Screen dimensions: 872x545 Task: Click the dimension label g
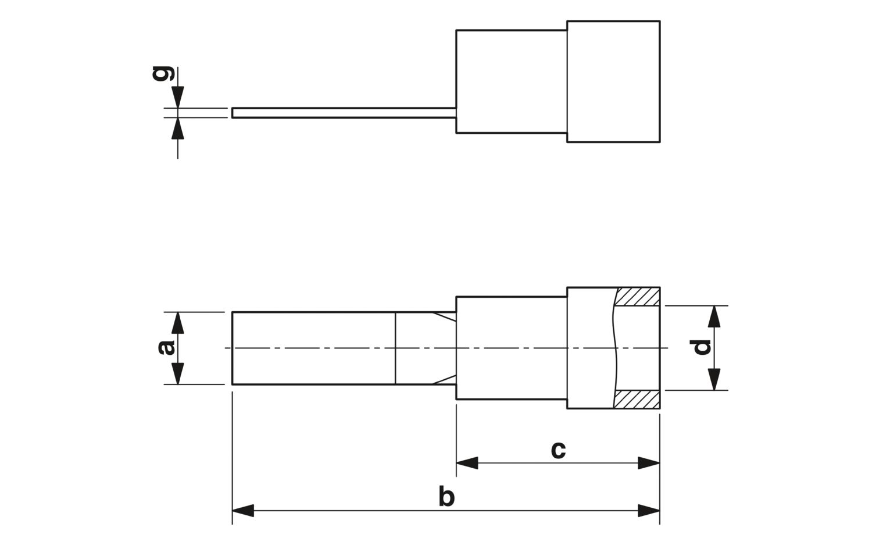tap(163, 74)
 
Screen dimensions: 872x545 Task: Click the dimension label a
tap(166, 348)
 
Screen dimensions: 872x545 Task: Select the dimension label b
tap(446, 496)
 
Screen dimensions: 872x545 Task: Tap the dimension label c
tap(558, 450)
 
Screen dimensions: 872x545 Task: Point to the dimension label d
tap(701, 347)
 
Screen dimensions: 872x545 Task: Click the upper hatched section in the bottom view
tap(637, 297)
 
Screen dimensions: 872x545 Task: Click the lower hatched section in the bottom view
tap(637, 400)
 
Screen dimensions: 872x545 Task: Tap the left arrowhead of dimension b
tap(243, 511)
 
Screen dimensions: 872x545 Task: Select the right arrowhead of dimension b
tap(649, 511)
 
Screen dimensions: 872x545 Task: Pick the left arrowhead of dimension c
tap(467, 463)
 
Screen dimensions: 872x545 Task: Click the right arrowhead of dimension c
tap(649, 463)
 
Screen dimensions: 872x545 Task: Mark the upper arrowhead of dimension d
tap(714, 317)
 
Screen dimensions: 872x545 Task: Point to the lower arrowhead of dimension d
tap(714, 379)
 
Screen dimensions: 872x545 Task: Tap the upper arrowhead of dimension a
tap(178, 323)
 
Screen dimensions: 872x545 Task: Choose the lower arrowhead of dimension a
tap(178, 373)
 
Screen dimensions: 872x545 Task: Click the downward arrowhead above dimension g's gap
tap(178, 97)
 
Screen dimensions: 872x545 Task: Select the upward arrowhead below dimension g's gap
tap(178, 129)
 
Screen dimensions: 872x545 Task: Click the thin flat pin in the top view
tap(344, 113)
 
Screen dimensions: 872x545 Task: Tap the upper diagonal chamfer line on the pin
tap(444, 317)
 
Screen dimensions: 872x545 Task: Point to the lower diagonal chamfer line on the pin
tap(444, 380)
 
